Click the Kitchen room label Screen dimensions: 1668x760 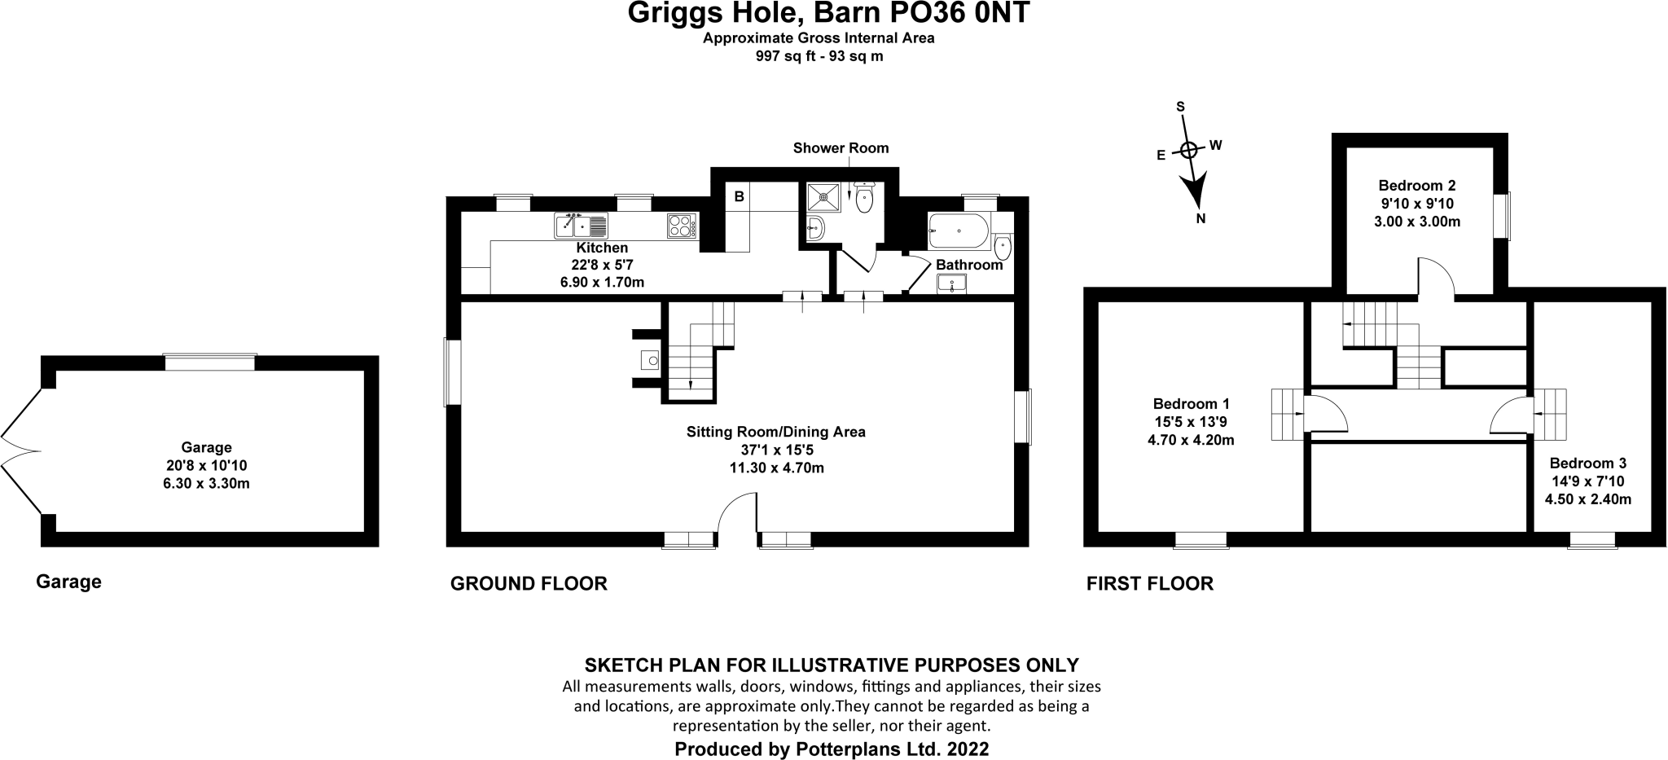602,248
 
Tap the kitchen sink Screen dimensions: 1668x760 581,225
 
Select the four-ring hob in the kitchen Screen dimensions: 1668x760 682,225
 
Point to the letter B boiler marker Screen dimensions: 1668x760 740,196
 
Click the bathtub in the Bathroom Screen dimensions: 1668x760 959,231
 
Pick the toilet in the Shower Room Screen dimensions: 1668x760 864,197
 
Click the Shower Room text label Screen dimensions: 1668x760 841,148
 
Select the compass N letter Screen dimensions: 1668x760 1201,218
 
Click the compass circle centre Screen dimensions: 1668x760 1188,150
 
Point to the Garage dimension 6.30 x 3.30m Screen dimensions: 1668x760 206,483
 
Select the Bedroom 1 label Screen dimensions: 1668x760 1192,404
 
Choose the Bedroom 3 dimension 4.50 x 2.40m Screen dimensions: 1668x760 1588,499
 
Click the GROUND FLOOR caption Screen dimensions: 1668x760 529,584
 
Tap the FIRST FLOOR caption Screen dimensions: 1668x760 1150,584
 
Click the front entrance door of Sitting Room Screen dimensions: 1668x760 738,512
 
